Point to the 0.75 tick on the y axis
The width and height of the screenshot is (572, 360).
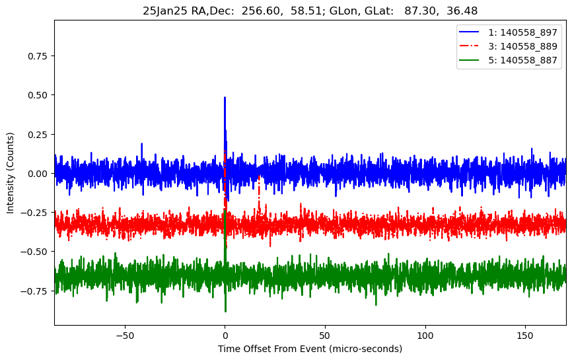pyautogui.click(x=38, y=56)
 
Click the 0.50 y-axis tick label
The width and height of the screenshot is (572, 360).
pyautogui.click(x=38, y=95)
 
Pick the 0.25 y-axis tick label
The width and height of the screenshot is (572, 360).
pyautogui.click(x=38, y=134)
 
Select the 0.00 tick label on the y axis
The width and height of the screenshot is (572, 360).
pyautogui.click(x=38, y=173)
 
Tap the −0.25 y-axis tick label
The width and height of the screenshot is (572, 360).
pyautogui.click(x=35, y=212)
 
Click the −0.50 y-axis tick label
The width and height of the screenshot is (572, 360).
pyautogui.click(x=35, y=251)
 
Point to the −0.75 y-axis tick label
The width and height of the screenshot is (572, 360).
pyautogui.click(x=35, y=290)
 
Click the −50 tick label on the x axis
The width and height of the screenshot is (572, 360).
pyautogui.click(x=124, y=335)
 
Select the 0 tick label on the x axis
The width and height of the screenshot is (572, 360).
pyautogui.click(x=225, y=335)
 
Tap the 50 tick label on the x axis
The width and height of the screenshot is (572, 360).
pyautogui.click(x=325, y=335)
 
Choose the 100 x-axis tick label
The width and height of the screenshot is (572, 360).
pyautogui.click(x=425, y=335)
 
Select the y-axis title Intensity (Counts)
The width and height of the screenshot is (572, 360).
pyautogui.click(x=10, y=173)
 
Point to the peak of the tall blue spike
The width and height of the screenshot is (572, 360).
pyautogui.click(x=225, y=98)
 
